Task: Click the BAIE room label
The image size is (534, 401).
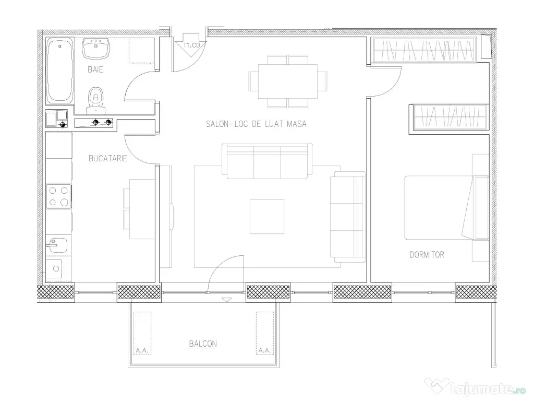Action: pyautogui.click(x=95, y=68)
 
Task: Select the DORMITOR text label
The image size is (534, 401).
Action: pyautogui.click(x=427, y=255)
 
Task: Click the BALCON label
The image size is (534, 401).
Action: pyautogui.click(x=203, y=344)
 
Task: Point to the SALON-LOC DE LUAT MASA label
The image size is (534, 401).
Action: pyautogui.click(x=256, y=124)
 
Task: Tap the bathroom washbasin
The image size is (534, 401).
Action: pyautogui.click(x=96, y=49)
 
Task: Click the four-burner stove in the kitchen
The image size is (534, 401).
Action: pyautogui.click(x=58, y=196)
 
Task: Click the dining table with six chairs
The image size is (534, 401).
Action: pyautogui.click(x=288, y=81)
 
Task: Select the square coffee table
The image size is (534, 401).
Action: pyautogui.click(x=267, y=216)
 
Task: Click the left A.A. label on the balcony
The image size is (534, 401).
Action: pyautogui.click(x=140, y=350)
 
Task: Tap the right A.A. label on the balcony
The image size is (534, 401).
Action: pyautogui.click(x=264, y=350)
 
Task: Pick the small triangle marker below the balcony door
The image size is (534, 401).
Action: pyautogui.click(x=226, y=300)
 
